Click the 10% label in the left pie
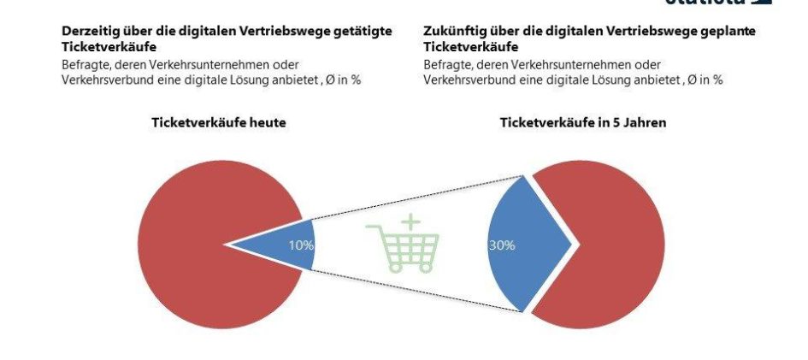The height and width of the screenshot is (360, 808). coord(301,245)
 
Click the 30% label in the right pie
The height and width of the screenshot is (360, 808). coord(502,245)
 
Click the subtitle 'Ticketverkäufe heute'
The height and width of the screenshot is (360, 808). coord(218,123)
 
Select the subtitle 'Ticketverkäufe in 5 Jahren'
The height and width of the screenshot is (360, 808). coord(583,123)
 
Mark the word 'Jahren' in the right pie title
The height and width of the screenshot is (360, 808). coord(646,123)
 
